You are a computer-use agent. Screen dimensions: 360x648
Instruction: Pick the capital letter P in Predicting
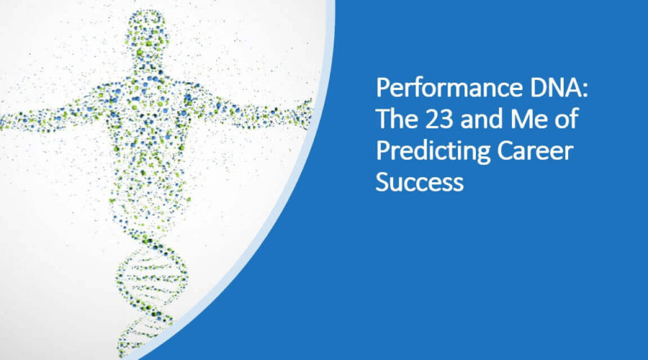[x=382, y=152]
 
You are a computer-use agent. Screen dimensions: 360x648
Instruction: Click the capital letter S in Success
[x=382, y=182]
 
